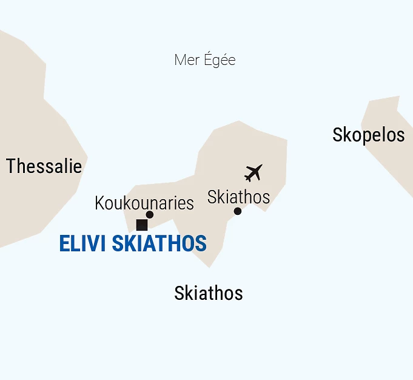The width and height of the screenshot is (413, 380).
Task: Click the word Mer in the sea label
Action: (x=186, y=60)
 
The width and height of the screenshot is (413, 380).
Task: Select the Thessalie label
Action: (x=44, y=166)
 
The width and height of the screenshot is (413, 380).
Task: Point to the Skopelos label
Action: (x=368, y=135)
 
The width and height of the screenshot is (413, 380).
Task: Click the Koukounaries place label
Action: (x=144, y=203)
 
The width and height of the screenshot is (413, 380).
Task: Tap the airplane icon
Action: (x=253, y=173)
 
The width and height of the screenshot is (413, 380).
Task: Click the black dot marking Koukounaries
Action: (x=150, y=214)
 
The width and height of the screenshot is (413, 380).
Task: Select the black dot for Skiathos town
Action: (x=238, y=211)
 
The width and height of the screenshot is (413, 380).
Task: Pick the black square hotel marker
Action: (x=142, y=225)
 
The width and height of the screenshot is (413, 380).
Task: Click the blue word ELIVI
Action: (x=82, y=244)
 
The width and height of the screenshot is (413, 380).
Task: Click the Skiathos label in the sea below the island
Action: (x=208, y=293)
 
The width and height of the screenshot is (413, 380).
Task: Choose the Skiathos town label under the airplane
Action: (x=238, y=197)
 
